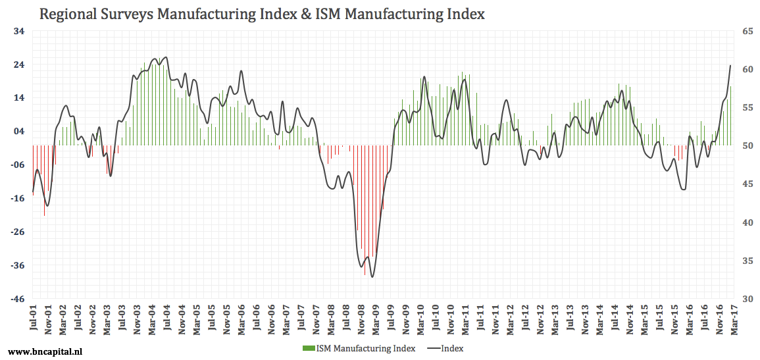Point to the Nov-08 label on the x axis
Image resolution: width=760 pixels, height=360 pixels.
pos(361,321)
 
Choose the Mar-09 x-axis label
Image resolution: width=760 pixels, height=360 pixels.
pos(376,321)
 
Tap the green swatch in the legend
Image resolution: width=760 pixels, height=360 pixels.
pos(308,348)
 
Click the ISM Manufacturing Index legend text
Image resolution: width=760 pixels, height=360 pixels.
pos(365,348)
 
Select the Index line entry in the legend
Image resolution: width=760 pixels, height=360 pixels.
pos(445,348)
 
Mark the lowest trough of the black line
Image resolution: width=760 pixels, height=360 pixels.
pos(372,277)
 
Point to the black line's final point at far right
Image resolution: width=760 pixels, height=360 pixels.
pos(730,65)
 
